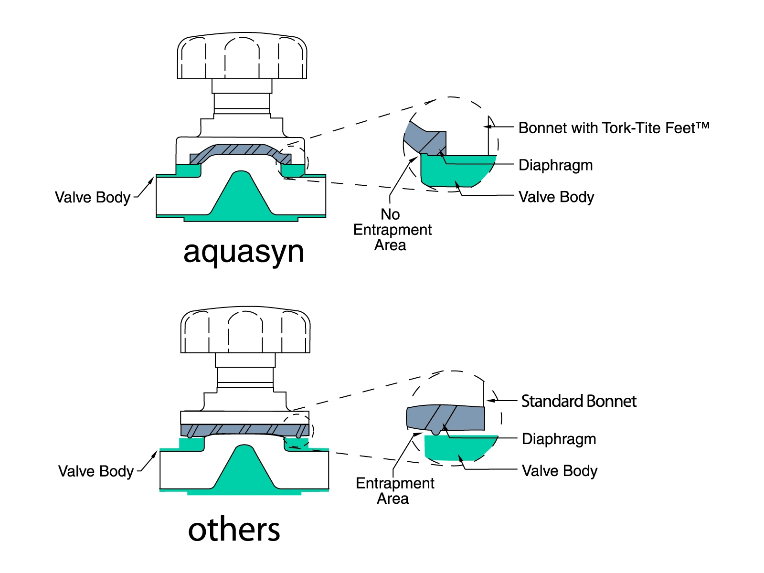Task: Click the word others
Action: click(x=234, y=529)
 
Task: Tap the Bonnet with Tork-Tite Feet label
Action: click(x=614, y=127)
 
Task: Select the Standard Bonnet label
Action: click(x=579, y=401)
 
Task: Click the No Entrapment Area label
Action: click(x=393, y=230)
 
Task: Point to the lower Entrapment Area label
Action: click(x=395, y=490)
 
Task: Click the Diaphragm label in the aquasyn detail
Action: click(x=555, y=165)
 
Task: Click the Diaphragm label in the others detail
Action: click(x=559, y=439)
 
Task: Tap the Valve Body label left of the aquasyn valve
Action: click(x=93, y=197)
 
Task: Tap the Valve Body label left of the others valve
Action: click(x=96, y=471)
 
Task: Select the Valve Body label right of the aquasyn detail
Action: click(x=556, y=197)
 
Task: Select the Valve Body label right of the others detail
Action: click(x=560, y=471)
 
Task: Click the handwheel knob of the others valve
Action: click(x=245, y=330)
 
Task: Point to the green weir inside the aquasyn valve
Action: click(x=241, y=195)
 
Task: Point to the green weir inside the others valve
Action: click(x=244, y=468)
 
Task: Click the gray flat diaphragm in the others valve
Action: click(x=245, y=430)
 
